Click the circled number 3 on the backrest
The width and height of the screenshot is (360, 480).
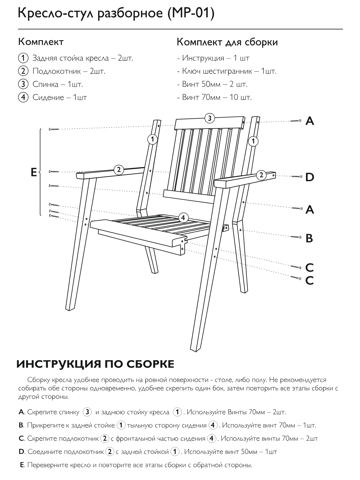pyautogui.click(x=210, y=118)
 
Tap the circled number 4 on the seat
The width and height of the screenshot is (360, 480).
pyautogui.click(x=183, y=217)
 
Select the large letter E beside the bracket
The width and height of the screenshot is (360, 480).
pyautogui.click(x=34, y=172)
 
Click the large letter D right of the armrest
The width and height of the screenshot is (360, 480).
pyautogui.click(x=310, y=177)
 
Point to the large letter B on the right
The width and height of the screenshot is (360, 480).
pyautogui.click(x=309, y=238)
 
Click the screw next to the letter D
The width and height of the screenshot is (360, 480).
pyautogui.click(x=296, y=176)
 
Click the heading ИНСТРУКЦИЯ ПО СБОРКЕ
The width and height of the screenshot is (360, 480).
pyautogui.click(x=95, y=364)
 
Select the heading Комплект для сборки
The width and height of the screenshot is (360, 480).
pyautogui.click(x=227, y=42)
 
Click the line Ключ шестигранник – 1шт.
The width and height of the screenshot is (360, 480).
pyautogui.click(x=229, y=71)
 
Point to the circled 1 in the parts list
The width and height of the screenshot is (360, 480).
pyautogui.click(x=23, y=58)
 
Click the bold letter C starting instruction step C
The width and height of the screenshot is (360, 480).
pyautogui.click(x=21, y=439)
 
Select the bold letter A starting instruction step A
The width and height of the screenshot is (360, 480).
pyautogui.click(x=21, y=412)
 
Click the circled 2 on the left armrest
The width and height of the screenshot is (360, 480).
pyautogui.click(x=119, y=169)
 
